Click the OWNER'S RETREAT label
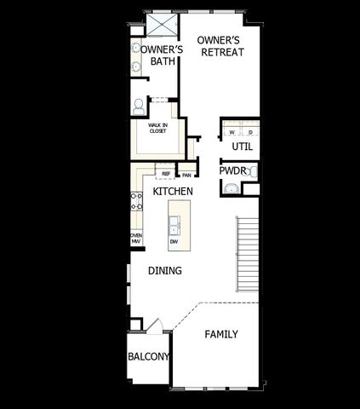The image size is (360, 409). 220,46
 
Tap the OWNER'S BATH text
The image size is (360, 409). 157,55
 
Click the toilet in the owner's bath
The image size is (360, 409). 139,107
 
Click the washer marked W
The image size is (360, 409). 231,133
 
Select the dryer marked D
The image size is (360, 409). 251,133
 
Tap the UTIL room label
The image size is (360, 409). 243,147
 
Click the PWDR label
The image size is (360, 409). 232,170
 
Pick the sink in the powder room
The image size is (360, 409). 253,172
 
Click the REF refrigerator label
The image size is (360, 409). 168,175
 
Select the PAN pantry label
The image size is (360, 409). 186,175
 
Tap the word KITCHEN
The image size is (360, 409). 173,192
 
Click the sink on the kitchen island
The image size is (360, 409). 174,224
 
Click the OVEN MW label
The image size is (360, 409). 135,238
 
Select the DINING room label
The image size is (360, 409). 165,271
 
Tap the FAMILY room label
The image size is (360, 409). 221,334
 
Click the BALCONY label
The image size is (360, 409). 149,356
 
